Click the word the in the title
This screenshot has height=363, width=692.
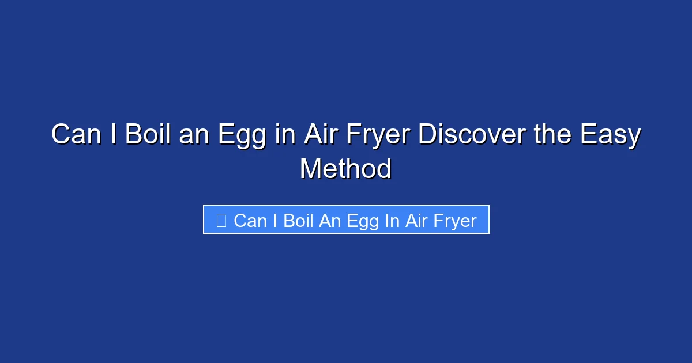(x=548, y=135)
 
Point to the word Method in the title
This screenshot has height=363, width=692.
(x=345, y=169)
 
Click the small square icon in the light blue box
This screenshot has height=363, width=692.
(x=221, y=221)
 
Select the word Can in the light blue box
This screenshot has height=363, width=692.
(x=250, y=221)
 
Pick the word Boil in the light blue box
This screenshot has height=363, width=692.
(x=298, y=221)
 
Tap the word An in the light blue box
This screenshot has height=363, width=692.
(x=330, y=221)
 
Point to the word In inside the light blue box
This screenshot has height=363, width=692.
(x=392, y=221)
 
